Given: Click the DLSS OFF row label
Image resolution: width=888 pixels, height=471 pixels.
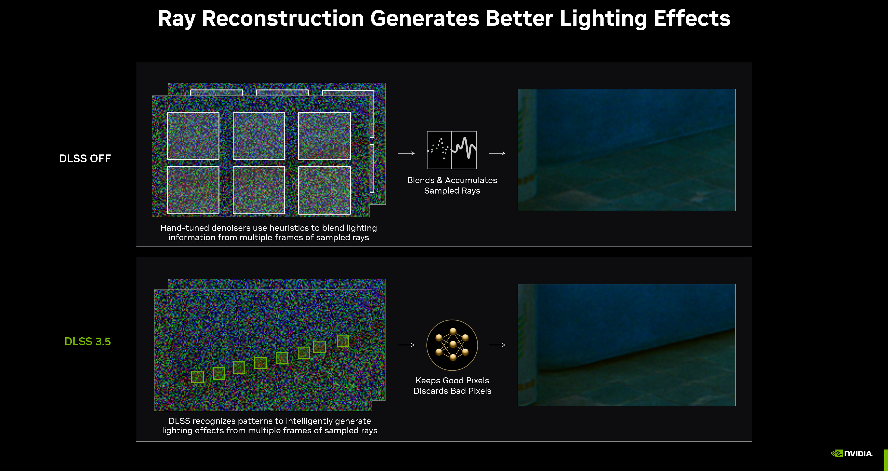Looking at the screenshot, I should click(85, 159).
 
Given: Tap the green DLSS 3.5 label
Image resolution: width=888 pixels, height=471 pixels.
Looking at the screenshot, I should click(88, 341).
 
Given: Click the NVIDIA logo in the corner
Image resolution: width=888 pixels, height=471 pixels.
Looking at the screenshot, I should click(852, 453).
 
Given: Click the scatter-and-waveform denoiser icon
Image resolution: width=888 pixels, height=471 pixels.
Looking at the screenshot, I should click(452, 150).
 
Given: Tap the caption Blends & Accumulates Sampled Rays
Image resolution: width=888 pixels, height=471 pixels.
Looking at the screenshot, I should click(452, 185).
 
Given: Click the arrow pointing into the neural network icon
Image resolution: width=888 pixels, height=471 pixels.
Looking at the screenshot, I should click(406, 345).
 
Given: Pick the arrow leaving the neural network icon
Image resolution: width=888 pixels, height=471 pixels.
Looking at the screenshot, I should click(497, 345).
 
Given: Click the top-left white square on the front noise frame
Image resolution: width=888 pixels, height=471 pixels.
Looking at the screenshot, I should click(193, 135).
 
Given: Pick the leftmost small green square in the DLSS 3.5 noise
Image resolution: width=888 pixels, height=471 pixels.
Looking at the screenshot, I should click(197, 376).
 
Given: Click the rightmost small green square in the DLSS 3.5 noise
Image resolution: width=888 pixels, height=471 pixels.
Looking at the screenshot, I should click(343, 341).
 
